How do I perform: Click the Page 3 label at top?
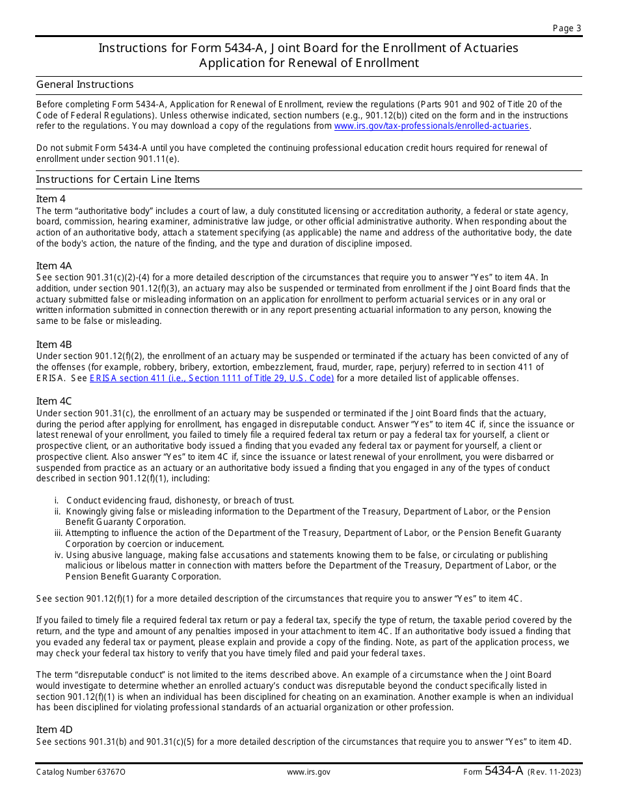click(567, 28)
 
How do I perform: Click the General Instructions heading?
click(85, 85)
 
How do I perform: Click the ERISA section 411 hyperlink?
click(211, 378)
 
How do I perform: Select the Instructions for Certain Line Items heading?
click(118, 180)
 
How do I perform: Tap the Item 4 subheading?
click(51, 199)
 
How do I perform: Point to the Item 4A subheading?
click(54, 266)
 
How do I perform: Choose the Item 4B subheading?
click(54, 345)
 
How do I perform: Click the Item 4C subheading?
click(54, 401)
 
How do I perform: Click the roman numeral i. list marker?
click(57, 500)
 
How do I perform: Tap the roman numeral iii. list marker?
click(58, 533)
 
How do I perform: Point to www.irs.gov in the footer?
click(308, 772)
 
